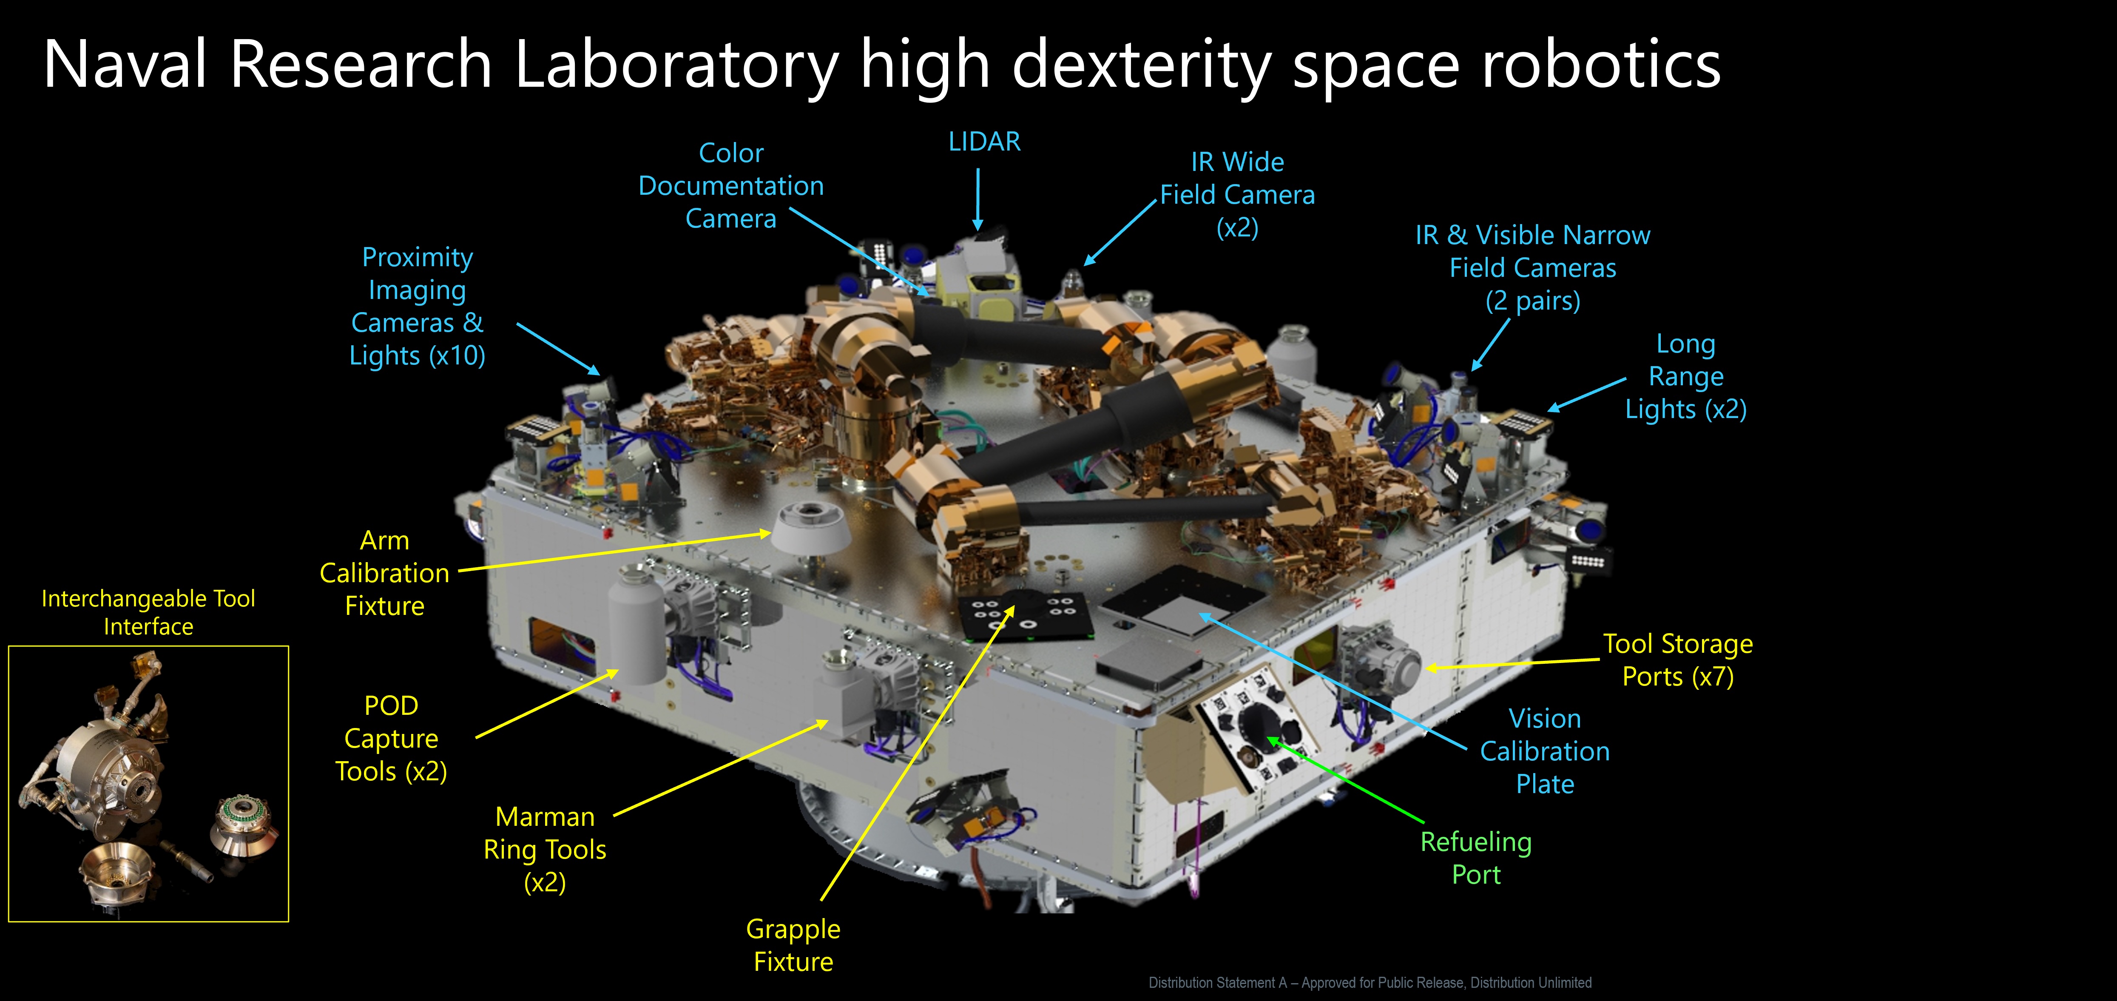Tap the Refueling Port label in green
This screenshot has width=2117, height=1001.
coord(1476,858)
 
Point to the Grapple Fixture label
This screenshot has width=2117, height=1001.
coord(793,945)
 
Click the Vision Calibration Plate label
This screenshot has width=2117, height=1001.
coord(1545,751)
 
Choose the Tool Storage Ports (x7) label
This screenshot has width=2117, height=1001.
coord(1678,660)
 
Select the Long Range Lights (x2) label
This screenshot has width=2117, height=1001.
coord(1685,376)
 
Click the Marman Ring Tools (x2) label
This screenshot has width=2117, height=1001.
coord(545,849)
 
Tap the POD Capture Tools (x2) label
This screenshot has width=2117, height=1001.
coord(391,738)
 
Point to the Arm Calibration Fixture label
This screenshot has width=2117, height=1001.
coord(385,573)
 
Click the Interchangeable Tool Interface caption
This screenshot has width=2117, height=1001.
coord(148,612)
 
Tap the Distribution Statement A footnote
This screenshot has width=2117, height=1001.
coord(1370,982)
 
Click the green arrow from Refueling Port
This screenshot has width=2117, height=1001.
coord(1345,780)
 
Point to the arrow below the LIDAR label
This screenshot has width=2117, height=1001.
coord(978,200)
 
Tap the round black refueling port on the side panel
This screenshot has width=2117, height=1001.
coord(1257,725)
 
